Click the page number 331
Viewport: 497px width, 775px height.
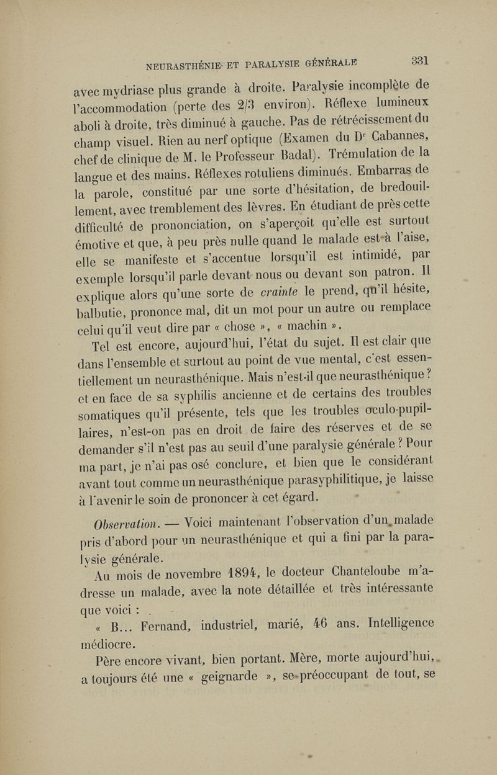click(x=420, y=61)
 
